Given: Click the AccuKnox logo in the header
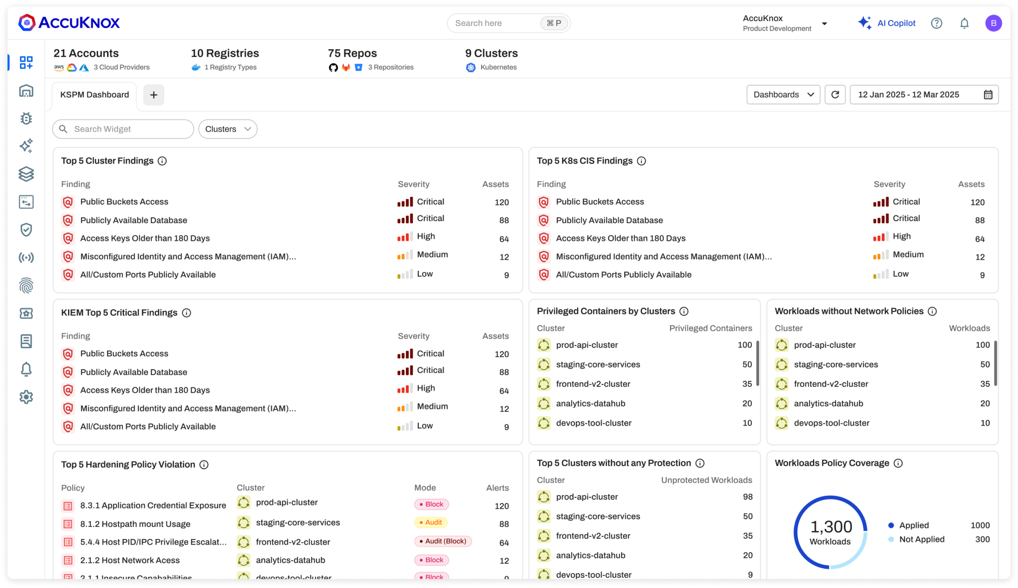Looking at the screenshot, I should click(69, 23).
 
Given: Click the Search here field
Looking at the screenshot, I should click(493, 23).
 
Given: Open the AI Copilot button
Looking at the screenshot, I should click(887, 23).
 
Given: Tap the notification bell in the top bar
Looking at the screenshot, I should click(964, 23).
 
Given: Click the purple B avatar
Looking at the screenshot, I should click(993, 23).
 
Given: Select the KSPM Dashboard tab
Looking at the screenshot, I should click(94, 94).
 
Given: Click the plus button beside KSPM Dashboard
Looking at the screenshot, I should click(154, 95).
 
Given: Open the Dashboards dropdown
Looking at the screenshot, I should click(783, 94).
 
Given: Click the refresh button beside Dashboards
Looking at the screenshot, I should click(835, 94).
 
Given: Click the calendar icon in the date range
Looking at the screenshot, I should click(988, 94).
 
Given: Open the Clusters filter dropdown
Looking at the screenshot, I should click(228, 129).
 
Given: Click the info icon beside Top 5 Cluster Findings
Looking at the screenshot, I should click(162, 161).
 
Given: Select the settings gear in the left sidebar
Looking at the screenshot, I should click(26, 397).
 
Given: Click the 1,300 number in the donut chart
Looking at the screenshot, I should click(831, 526).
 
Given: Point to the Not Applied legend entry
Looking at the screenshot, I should click(921, 539).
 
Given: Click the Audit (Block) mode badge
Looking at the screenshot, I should click(442, 541).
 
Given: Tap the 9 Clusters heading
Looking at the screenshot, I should click(491, 53).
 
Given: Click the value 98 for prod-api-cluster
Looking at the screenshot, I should click(748, 497).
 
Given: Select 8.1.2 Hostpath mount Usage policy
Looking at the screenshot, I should click(135, 524).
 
